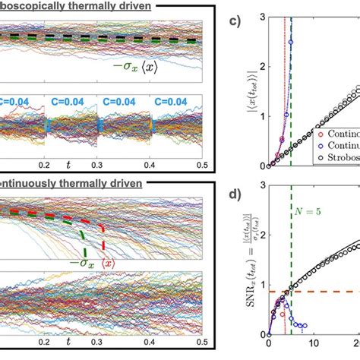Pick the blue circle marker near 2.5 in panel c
click(291, 43)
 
